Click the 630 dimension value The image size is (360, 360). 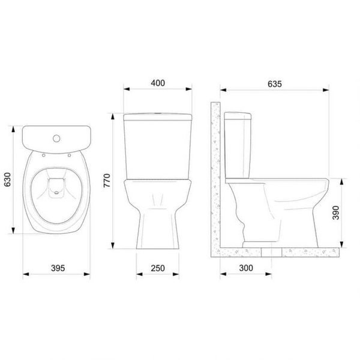pos(8,181)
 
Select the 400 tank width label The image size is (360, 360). pos(158,83)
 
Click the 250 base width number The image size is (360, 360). pos(158,268)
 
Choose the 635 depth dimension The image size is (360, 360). pos(275,83)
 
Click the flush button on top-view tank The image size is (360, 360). pos(56,140)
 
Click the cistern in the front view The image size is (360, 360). pos(158,147)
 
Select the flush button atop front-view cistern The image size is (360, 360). pos(158,112)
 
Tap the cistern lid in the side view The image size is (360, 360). pos(238,115)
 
